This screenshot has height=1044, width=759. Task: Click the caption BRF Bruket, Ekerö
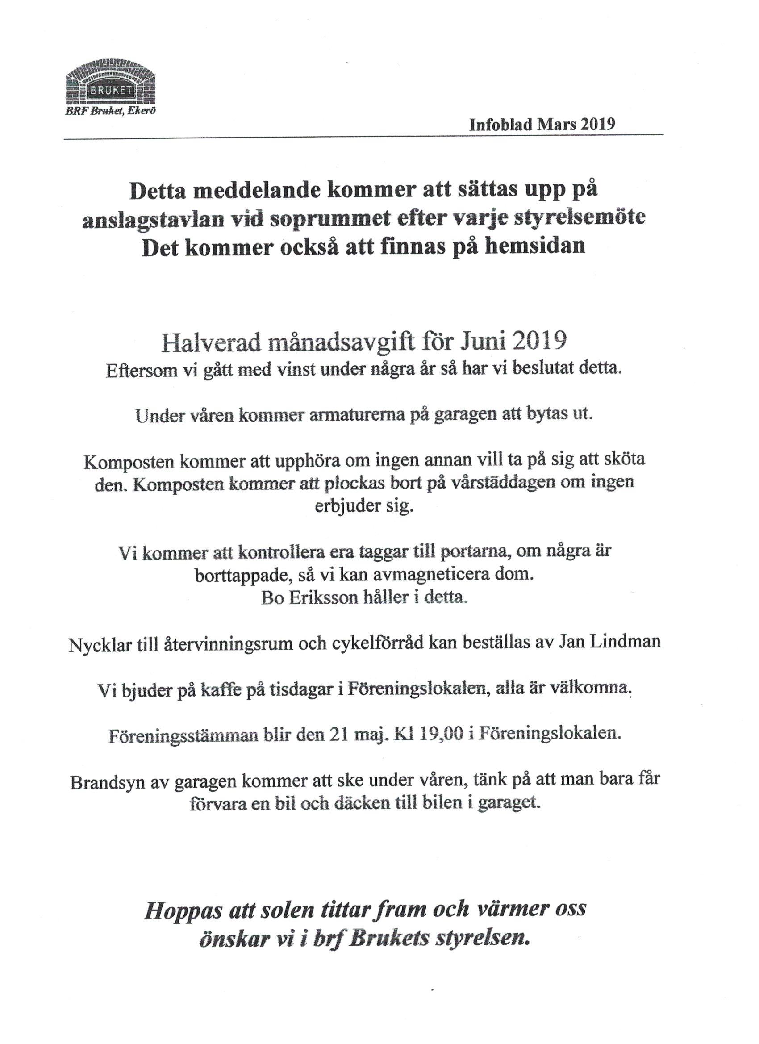[110, 111]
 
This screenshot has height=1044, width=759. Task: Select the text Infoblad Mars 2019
[542, 125]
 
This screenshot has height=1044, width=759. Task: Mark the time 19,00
[436, 733]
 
